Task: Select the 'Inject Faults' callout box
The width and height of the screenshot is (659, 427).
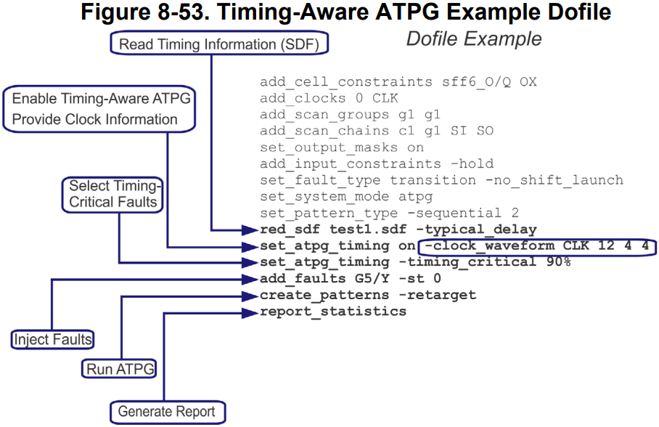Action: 53,339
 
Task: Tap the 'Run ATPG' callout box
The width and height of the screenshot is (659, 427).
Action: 120,369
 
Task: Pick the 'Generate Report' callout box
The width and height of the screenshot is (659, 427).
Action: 167,412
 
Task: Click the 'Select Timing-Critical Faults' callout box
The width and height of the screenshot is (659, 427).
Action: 112,194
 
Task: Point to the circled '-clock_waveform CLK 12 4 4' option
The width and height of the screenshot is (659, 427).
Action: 536,246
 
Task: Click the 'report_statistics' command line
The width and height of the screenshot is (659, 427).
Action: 333,312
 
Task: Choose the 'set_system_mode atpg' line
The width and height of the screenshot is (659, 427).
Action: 346,197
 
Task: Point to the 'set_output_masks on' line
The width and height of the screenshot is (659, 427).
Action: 341,147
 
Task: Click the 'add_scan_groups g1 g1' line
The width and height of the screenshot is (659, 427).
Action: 350,115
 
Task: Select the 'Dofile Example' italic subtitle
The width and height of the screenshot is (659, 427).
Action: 473,38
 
